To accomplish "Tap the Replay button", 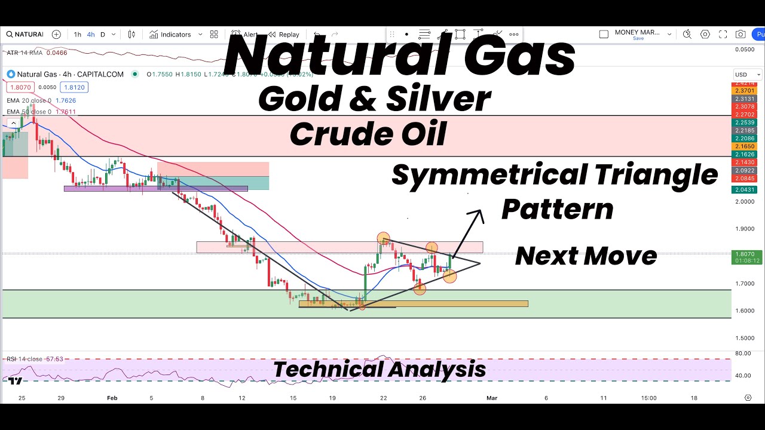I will tap(284, 35).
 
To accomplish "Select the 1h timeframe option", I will tap(78, 35).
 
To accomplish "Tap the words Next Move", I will tap(586, 256).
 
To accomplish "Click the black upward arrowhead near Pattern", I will tap(477, 213).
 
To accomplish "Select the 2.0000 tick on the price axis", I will tap(743, 202).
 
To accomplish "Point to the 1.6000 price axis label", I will tap(743, 311).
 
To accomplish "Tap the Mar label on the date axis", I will tap(491, 398).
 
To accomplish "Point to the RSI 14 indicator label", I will tap(24, 359).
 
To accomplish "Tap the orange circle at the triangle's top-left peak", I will tap(383, 238).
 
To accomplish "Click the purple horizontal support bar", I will tap(155, 189).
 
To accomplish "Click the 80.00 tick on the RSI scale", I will tap(743, 353).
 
